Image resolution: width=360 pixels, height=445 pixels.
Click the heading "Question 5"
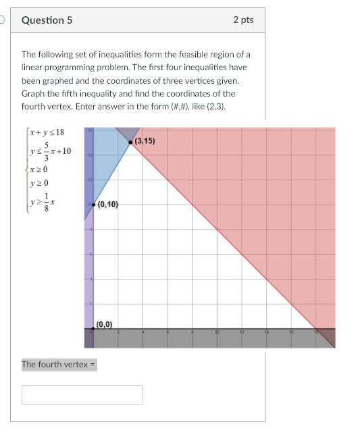click(x=47, y=20)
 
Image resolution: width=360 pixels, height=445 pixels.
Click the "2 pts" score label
click(x=243, y=20)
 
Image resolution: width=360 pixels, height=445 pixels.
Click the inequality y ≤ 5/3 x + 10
click(x=49, y=151)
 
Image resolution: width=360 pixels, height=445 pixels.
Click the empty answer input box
click(x=82, y=394)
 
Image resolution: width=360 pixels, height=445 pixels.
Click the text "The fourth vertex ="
click(x=59, y=365)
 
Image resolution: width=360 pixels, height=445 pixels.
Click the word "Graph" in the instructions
click(x=33, y=94)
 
